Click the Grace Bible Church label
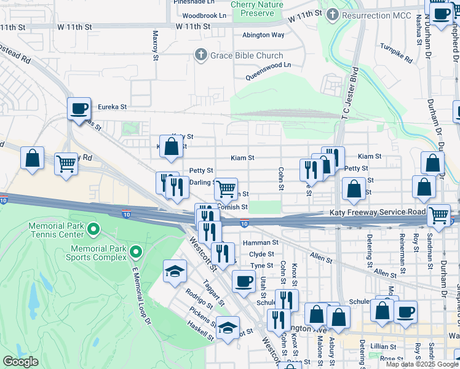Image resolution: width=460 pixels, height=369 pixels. point(245,56)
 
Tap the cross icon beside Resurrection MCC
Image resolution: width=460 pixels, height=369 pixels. point(333,14)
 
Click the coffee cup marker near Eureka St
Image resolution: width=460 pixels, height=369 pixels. point(79,109)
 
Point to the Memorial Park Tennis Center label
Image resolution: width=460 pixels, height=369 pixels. point(55,230)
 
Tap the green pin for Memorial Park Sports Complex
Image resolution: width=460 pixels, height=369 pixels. point(136,252)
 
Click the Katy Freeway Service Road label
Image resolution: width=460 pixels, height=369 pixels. point(374,213)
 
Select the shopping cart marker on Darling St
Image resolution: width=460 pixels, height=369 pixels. point(226,188)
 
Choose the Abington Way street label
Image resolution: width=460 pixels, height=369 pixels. point(263,36)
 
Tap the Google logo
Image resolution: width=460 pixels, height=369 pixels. point(20,362)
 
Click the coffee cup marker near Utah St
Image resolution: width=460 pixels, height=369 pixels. point(244,282)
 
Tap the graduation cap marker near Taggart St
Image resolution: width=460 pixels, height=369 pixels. point(175,271)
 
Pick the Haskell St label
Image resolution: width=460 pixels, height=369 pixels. point(200,329)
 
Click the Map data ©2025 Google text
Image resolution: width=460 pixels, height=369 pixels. point(422,364)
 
